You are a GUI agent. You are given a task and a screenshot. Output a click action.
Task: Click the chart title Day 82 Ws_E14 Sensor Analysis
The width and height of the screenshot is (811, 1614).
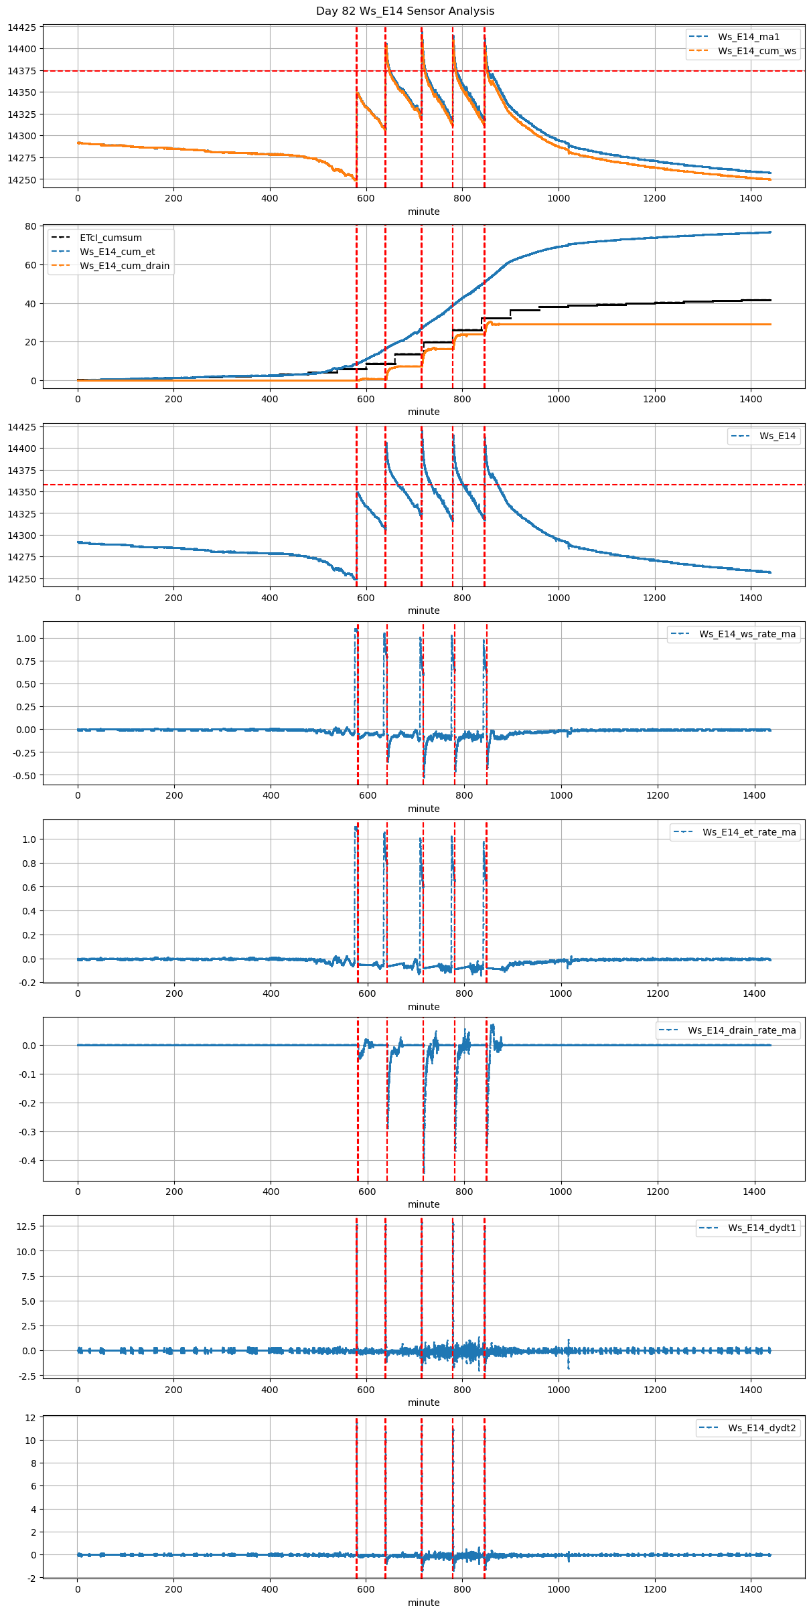405,11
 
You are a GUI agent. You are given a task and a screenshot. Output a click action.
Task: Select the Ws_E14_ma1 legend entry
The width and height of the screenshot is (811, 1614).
749,37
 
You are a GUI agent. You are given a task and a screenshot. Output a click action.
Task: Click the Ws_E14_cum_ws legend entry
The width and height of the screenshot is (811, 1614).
757,51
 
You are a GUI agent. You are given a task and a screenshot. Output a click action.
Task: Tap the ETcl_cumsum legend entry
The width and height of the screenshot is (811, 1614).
110,238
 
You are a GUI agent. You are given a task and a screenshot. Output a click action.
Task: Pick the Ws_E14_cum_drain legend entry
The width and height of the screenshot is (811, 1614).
125,266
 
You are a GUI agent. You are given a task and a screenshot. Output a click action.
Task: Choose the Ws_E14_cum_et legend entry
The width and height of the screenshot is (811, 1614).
117,252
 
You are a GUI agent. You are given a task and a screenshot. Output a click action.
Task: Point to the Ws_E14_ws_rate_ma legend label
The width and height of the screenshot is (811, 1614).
747,634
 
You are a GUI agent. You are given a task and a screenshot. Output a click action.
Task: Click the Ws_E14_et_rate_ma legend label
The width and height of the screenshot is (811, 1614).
749,832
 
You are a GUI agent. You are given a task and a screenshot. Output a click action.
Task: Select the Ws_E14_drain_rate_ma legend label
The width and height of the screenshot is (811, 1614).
742,1030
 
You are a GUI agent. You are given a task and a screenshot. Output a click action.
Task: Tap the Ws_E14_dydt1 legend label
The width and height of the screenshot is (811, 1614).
762,1228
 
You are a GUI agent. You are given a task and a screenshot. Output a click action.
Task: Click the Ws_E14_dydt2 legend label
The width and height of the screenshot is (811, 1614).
762,1428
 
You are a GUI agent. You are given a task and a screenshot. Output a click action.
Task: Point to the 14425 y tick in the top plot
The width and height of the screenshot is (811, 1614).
23,28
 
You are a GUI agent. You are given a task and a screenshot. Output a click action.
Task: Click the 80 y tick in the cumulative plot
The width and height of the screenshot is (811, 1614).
31,226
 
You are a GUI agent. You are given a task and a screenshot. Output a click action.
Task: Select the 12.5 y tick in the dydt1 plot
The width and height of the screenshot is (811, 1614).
27,1226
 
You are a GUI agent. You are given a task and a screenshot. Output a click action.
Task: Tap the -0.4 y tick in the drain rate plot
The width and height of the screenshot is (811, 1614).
27,1161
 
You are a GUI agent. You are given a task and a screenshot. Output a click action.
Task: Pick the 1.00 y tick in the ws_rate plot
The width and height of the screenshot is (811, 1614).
25,639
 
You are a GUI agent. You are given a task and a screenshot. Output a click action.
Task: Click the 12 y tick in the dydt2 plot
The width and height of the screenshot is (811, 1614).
31,1418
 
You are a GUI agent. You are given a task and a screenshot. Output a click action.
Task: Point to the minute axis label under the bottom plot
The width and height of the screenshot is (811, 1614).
424,1603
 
